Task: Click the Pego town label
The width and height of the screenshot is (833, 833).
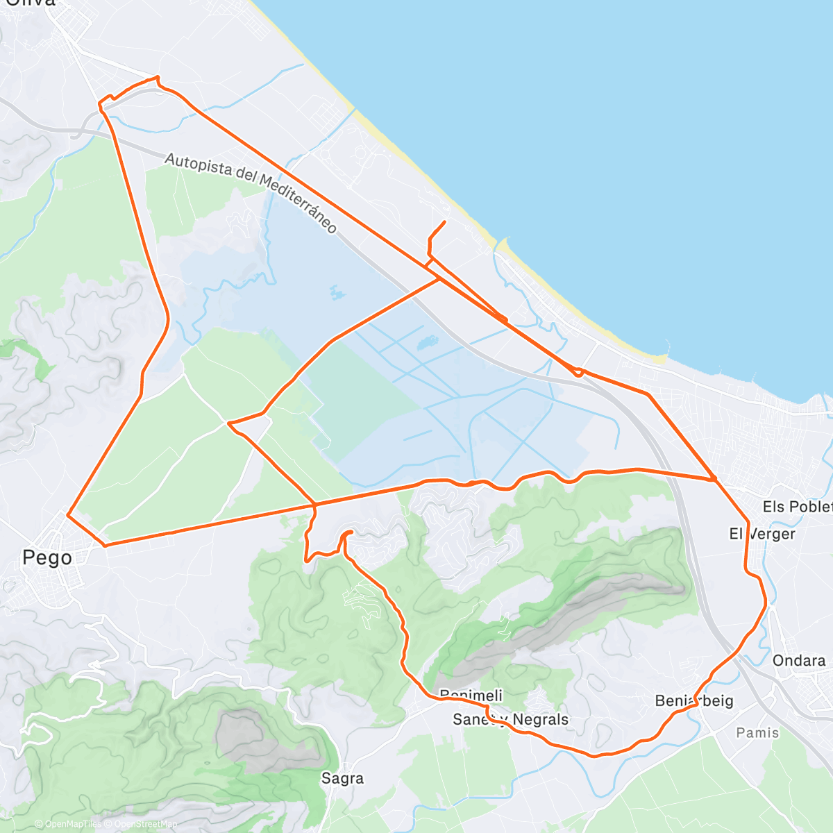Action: tap(47, 557)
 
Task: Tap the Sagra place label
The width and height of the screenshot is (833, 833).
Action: tap(342, 778)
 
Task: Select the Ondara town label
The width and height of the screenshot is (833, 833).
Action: tap(799, 660)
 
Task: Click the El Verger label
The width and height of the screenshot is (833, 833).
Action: tap(762, 533)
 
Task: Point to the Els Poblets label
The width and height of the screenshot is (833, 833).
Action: tap(797, 507)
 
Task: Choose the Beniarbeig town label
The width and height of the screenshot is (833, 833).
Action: tap(693, 700)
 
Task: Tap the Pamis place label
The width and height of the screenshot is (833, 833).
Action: tap(757, 732)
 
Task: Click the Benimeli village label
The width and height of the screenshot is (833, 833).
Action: tap(471, 696)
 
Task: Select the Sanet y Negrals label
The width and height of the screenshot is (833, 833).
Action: tap(510, 719)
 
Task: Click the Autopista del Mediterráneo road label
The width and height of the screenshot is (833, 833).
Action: tap(251, 193)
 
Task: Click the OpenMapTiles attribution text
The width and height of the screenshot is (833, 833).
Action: tap(73, 824)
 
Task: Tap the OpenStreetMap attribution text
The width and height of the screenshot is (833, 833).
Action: tap(142, 824)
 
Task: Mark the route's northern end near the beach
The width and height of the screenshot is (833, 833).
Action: tap(444, 221)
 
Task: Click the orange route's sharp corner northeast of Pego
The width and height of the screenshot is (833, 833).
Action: tap(67, 514)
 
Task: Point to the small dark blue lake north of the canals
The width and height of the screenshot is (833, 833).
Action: tap(426, 342)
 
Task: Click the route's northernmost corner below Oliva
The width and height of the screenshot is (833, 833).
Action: tap(158, 76)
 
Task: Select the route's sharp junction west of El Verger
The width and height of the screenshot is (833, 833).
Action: tap(714, 479)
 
